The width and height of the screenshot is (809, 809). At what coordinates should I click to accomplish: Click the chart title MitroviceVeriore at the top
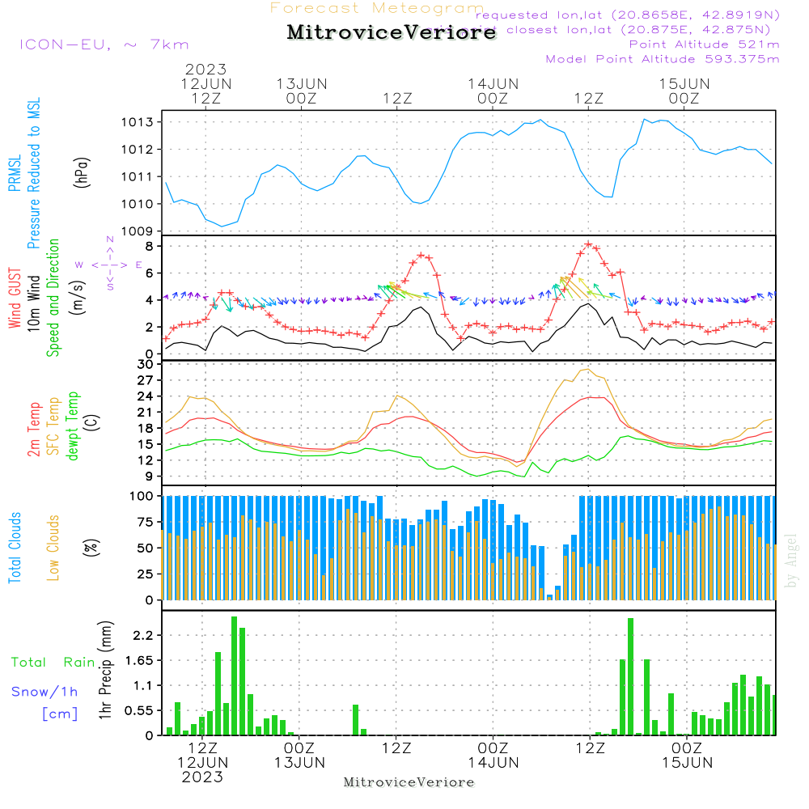pyautogui.click(x=392, y=33)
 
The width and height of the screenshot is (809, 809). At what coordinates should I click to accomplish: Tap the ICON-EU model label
pyautogui.click(x=104, y=44)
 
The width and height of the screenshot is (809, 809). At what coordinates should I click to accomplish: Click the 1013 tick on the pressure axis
pyautogui.click(x=138, y=122)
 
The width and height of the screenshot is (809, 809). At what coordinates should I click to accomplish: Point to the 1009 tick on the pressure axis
pyautogui.click(x=138, y=231)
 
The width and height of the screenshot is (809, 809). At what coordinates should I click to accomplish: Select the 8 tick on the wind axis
pyautogui.click(x=150, y=245)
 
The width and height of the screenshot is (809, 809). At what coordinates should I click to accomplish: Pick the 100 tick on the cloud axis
pyautogui.click(x=142, y=495)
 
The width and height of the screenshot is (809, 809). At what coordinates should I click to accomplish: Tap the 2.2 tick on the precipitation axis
pyautogui.click(x=143, y=636)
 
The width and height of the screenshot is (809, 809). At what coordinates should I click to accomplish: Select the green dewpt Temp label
pyautogui.click(x=74, y=426)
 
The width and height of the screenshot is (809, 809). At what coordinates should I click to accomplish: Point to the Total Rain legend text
pyautogui.click(x=53, y=663)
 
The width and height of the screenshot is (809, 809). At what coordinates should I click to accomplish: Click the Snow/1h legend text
pyautogui.click(x=45, y=692)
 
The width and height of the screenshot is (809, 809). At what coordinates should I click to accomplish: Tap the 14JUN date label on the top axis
pyautogui.click(x=493, y=83)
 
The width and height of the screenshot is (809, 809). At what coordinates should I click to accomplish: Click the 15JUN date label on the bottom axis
pyautogui.click(x=686, y=762)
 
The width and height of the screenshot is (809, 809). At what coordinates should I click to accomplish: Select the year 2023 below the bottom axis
pyautogui.click(x=202, y=777)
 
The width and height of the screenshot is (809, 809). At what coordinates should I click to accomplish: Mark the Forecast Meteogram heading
pyautogui.click(x=377, y=8)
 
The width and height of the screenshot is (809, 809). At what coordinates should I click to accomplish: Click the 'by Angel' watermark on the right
pyautogui.click(x=791, y=561)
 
